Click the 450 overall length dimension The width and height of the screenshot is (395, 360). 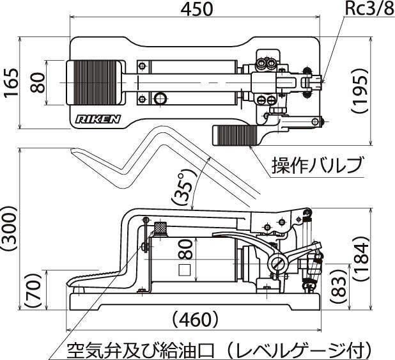[x=197, y=9]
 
